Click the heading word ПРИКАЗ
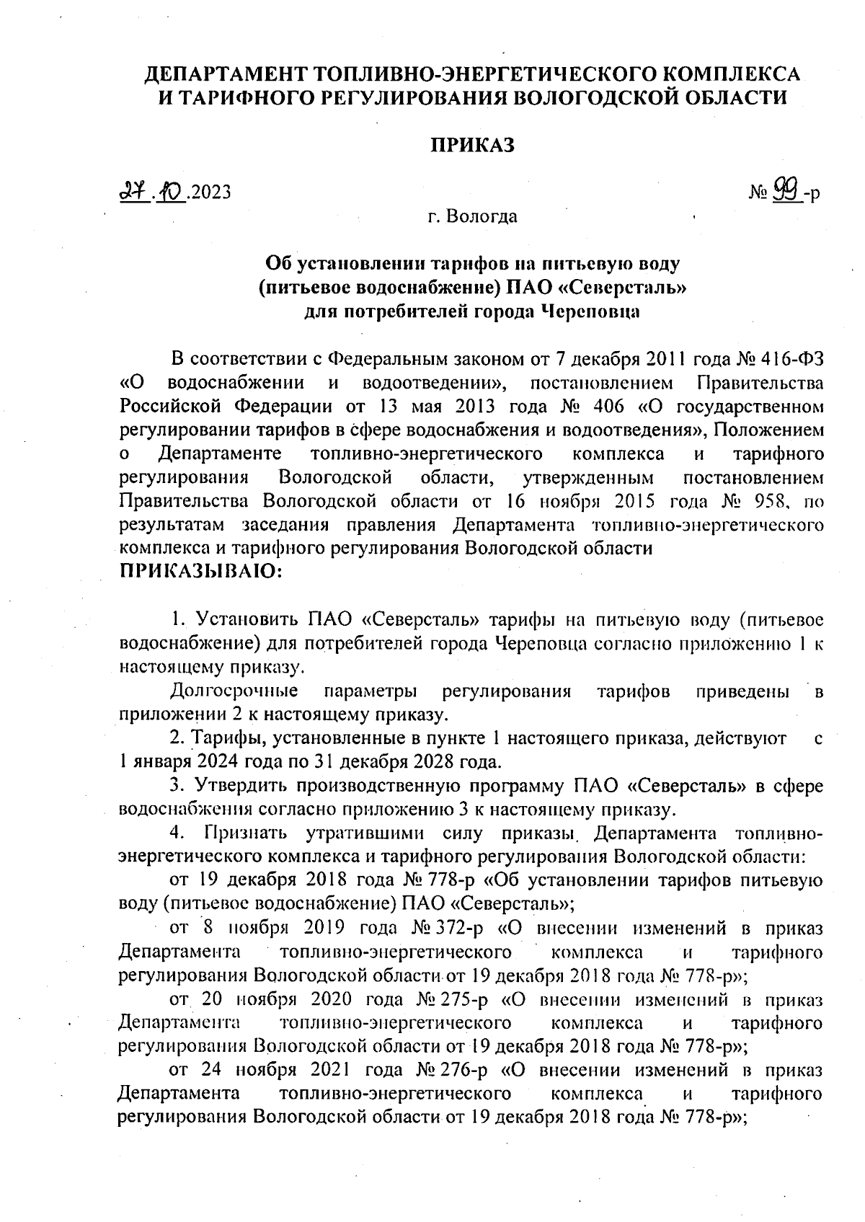pyautogui.click(x=473, y=145)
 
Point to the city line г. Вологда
pyautogui.click(x=472, y=216)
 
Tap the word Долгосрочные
pyautogui.click(x=234, y=691)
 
